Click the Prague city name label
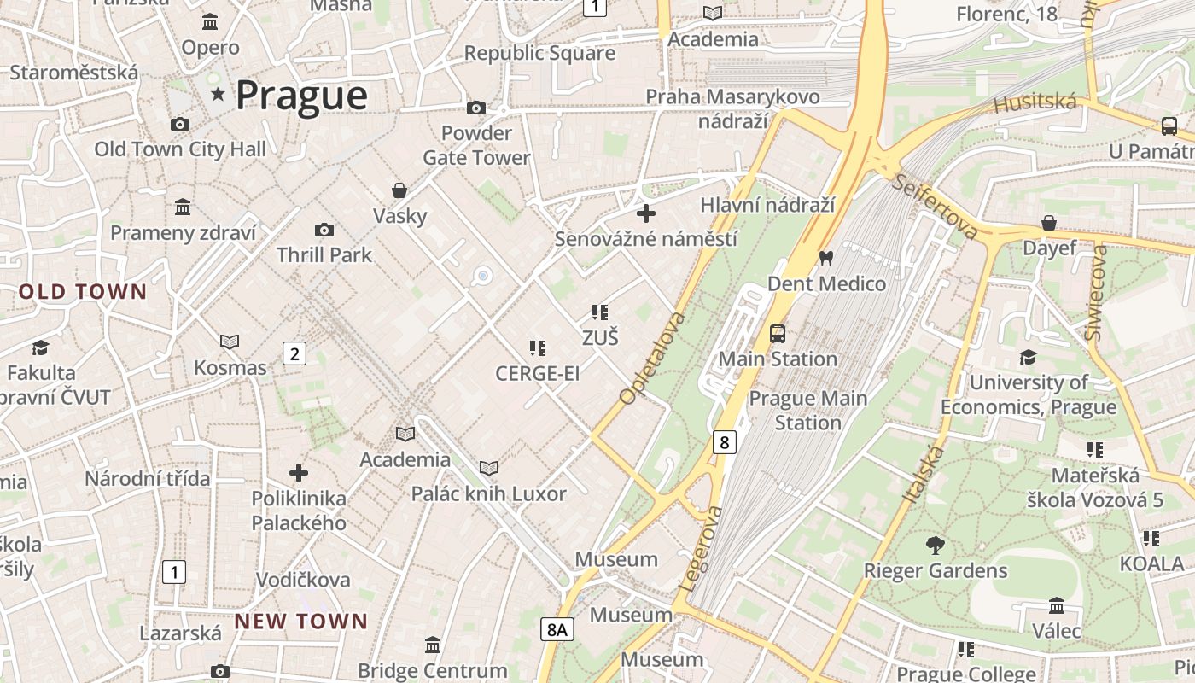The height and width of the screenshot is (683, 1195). coord(301,95)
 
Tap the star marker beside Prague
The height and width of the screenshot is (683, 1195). coord(219,94)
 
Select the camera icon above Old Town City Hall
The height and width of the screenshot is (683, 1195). coord(179,124)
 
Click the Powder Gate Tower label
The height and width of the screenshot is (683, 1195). coord(476,145)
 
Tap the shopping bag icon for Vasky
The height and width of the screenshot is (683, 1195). coord(399,190)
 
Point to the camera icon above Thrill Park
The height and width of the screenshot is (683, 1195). coord(324,230)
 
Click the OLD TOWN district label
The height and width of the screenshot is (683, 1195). coord(83,292)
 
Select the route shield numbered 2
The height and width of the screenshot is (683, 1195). coord(294,353)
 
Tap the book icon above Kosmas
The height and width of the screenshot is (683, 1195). coord(230,341)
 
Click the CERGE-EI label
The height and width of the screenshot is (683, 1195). coord(537,373)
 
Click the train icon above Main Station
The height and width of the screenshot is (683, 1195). coord(777,333)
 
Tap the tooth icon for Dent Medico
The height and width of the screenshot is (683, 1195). coord(825,257)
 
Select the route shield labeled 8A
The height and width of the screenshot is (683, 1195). coord(557,630)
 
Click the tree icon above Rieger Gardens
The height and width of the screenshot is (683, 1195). coord(936,545)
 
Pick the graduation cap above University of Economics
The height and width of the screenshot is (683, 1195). coord(1028,357)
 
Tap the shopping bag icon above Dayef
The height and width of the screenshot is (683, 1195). coord(1049,223)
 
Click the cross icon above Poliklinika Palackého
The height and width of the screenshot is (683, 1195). coord(299,472)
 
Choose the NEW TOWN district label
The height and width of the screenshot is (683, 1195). coord(300,622)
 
